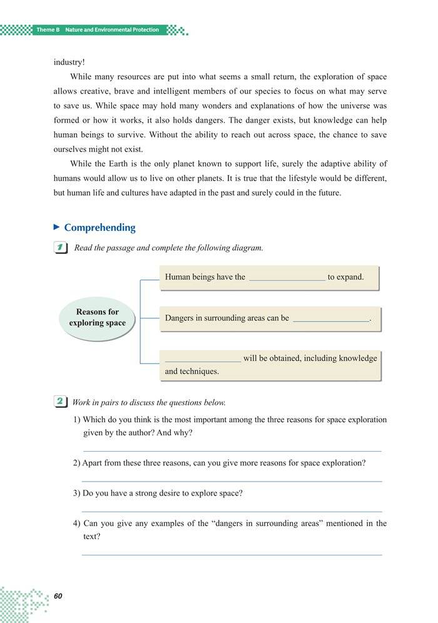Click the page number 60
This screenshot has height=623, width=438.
[58, 596]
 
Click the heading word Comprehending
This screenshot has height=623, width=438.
[99, 228]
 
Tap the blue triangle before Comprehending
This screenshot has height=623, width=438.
[57, 227]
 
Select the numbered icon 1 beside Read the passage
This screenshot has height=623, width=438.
[61, 248]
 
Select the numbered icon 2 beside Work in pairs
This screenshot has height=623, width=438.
[61, 402]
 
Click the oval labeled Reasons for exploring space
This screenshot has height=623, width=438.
[97, 318]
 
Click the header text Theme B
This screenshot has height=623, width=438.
[48, 30]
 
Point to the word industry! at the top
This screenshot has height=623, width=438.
[69, 63]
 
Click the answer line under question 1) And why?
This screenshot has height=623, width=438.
[232, 450]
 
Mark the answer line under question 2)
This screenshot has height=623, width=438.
[232, 481]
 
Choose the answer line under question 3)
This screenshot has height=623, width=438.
[232, 511]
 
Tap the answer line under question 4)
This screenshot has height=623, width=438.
[232, 554]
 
